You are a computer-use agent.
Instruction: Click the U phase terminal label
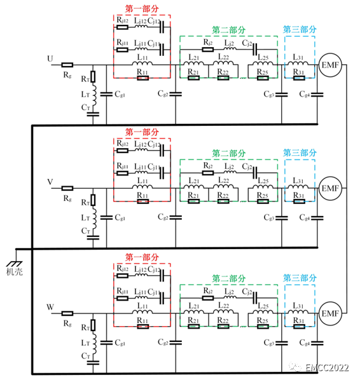tap(50, 59)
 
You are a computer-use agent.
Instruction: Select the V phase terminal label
tap(50, 182)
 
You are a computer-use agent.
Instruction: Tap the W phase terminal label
tap(50, 308)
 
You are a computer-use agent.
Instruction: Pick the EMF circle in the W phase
tap(331, 314)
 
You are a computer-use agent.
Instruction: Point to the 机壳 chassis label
tap(15, 271)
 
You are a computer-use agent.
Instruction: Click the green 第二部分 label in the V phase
tap(228, 154)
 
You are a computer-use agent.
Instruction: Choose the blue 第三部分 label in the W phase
tap(300, 278)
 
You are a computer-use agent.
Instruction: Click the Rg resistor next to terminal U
tap(67, 65)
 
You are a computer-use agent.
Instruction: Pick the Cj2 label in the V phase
tap(249, 167)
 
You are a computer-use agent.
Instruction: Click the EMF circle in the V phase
tap(331, 189)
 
